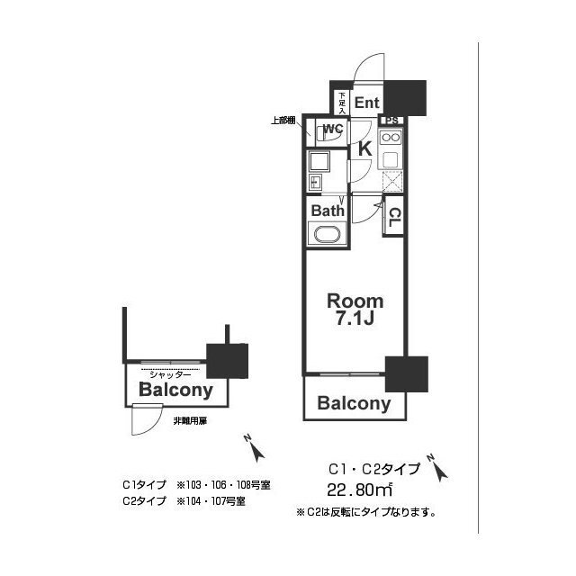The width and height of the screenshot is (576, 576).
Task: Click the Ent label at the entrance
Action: point(366,103)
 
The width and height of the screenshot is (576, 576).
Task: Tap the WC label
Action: point(332,129)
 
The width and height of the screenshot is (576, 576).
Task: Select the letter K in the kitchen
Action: point(365,149)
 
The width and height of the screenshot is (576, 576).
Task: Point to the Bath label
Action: point(328,211)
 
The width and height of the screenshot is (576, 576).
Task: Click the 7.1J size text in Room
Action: point(355,320)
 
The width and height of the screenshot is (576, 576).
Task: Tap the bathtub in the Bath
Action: point(326,236)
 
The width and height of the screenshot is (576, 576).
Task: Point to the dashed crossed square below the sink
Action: point(391,179)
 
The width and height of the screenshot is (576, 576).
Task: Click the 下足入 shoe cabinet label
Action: point(341,102)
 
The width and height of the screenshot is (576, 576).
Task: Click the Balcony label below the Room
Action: point(355,404)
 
